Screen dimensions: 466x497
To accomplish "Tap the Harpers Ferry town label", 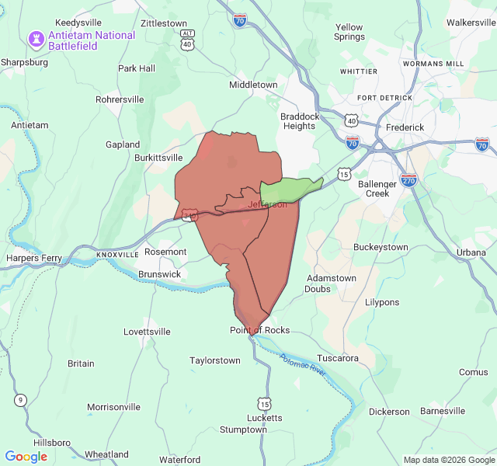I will pos(32,258).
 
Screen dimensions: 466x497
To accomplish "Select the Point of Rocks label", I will pos(259,330).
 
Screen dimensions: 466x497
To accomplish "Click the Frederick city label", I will pos(405,127).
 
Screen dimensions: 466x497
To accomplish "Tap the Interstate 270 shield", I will pos(408,180).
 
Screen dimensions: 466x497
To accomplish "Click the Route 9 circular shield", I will pos(20,400).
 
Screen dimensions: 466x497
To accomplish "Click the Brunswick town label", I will pos(159,274).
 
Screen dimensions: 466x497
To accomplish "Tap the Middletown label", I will pos(253,85).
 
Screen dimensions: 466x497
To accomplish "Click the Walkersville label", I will pos(471,23).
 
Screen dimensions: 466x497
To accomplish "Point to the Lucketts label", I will pos(265,417).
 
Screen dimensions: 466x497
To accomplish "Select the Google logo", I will pos(26,456).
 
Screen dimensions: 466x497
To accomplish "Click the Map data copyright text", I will pos(448,460).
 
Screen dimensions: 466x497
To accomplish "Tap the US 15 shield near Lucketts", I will pos(265,404).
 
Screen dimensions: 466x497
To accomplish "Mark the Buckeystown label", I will pos(381,247).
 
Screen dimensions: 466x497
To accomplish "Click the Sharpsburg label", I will pos(24,61).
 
